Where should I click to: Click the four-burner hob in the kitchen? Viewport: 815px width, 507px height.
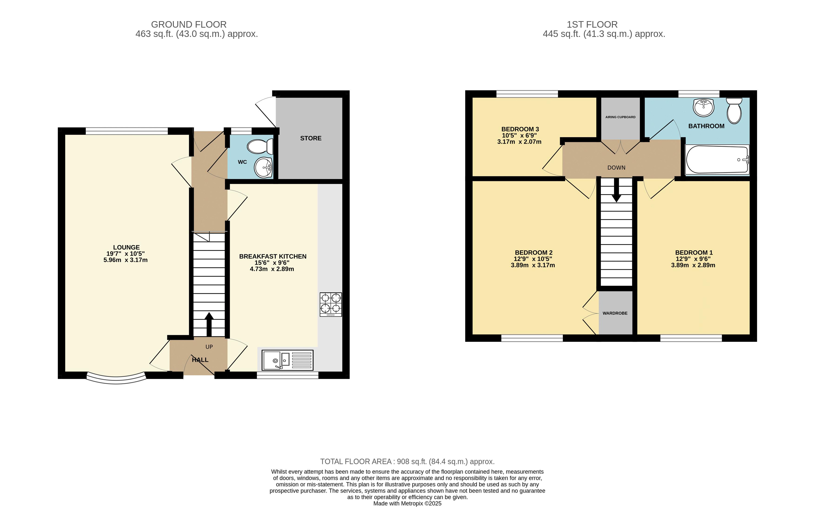[331, 304]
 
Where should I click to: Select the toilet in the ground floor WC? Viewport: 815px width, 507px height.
[260, 147]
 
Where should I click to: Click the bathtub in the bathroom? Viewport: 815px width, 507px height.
[717, 160]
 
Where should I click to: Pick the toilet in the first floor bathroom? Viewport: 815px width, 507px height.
[734, 111]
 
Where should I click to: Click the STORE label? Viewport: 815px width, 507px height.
[311, 138]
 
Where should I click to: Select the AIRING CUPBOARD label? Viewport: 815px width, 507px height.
[620, 117]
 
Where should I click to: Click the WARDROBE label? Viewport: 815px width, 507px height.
[615, 313]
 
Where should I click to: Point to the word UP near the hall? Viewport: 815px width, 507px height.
[209, 347]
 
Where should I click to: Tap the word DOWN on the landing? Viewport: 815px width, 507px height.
[616, 168]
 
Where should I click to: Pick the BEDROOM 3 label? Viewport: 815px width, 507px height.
[520, 129]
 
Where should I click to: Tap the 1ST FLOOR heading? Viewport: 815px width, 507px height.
[592, 24]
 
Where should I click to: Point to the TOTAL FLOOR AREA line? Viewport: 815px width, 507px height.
[407, 461]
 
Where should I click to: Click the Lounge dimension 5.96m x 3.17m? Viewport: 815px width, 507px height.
[125, 260]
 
